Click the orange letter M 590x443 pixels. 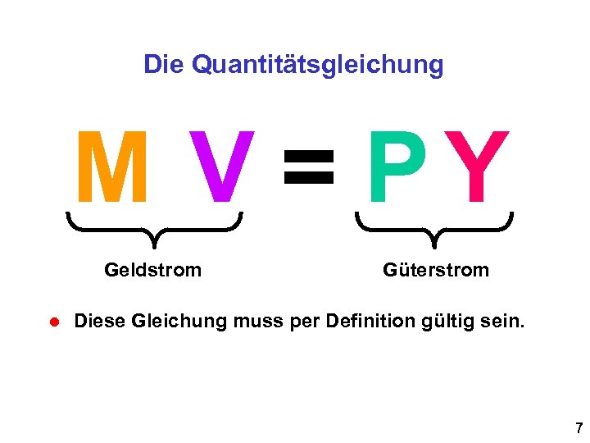tap(112, 167)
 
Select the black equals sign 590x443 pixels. tap(308, 166)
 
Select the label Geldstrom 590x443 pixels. tap(152, 270)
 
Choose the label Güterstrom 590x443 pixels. tap(435, 270)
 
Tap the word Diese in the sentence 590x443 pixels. tap(100, 320)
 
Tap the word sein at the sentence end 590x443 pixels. tap(501, 320)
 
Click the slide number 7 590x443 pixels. tap(579, 427)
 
